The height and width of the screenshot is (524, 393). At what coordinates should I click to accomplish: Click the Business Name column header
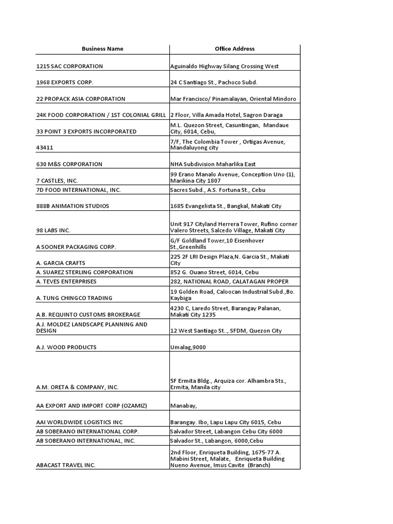point(102,49)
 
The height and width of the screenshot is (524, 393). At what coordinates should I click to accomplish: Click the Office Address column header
point(234,49)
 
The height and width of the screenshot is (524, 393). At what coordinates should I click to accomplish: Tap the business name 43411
point(45,147)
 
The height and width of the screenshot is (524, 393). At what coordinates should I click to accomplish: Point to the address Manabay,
point(184,405)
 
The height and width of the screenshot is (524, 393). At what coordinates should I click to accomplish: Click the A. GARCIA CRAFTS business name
point(62,263)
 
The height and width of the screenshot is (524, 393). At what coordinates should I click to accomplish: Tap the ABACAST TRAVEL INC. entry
point(66,465)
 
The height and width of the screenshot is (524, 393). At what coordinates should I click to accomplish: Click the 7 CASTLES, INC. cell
point(57,181)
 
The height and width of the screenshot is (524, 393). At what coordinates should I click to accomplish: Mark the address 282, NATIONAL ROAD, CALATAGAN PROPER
point(229,281)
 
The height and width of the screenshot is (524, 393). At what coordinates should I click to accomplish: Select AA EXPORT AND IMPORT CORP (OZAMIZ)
point(92,405)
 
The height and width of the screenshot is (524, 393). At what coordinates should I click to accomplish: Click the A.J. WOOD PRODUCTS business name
point(67,347)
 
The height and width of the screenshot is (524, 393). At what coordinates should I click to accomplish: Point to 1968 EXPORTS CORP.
point(65,82)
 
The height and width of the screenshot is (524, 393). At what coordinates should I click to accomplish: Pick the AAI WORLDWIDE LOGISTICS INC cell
point(80,422)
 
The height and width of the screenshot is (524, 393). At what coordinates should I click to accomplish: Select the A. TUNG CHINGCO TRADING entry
point(74,298)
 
